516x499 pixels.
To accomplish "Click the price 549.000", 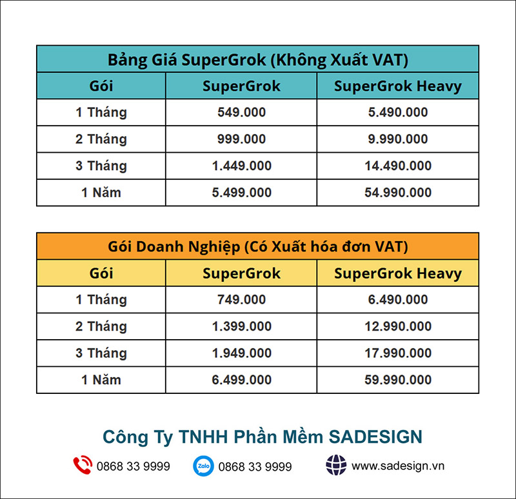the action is [x=241, y=112].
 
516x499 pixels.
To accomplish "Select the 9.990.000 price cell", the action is [x=398, y=139].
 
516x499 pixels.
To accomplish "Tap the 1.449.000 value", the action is [x=241, y=166].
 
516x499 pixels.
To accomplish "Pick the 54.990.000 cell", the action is [x=398, y=192].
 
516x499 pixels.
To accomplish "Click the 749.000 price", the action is [x=241, y=299].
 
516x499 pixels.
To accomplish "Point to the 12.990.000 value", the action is [x=398, y=326].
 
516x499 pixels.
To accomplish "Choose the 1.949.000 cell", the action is [x=241, y=353].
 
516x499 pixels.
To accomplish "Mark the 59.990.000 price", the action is [x=398, y=380].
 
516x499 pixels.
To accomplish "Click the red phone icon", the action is [x=83, y=465].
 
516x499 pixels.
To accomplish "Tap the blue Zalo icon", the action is [x=203, y=465].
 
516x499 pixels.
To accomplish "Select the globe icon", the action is [x=336, y=465].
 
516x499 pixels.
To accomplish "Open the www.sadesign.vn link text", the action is [x=398, y=466].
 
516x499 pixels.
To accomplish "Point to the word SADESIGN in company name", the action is [x=375, y=437].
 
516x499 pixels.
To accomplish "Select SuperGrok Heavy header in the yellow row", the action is [x=398, y=273].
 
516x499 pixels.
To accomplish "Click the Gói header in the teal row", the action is [x=101, y=86].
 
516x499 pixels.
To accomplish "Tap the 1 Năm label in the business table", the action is [x=101, y=380].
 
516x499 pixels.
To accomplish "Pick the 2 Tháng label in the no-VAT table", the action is [x=101, y=139].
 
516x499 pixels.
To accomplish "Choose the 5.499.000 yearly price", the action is [x=241, y=192].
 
